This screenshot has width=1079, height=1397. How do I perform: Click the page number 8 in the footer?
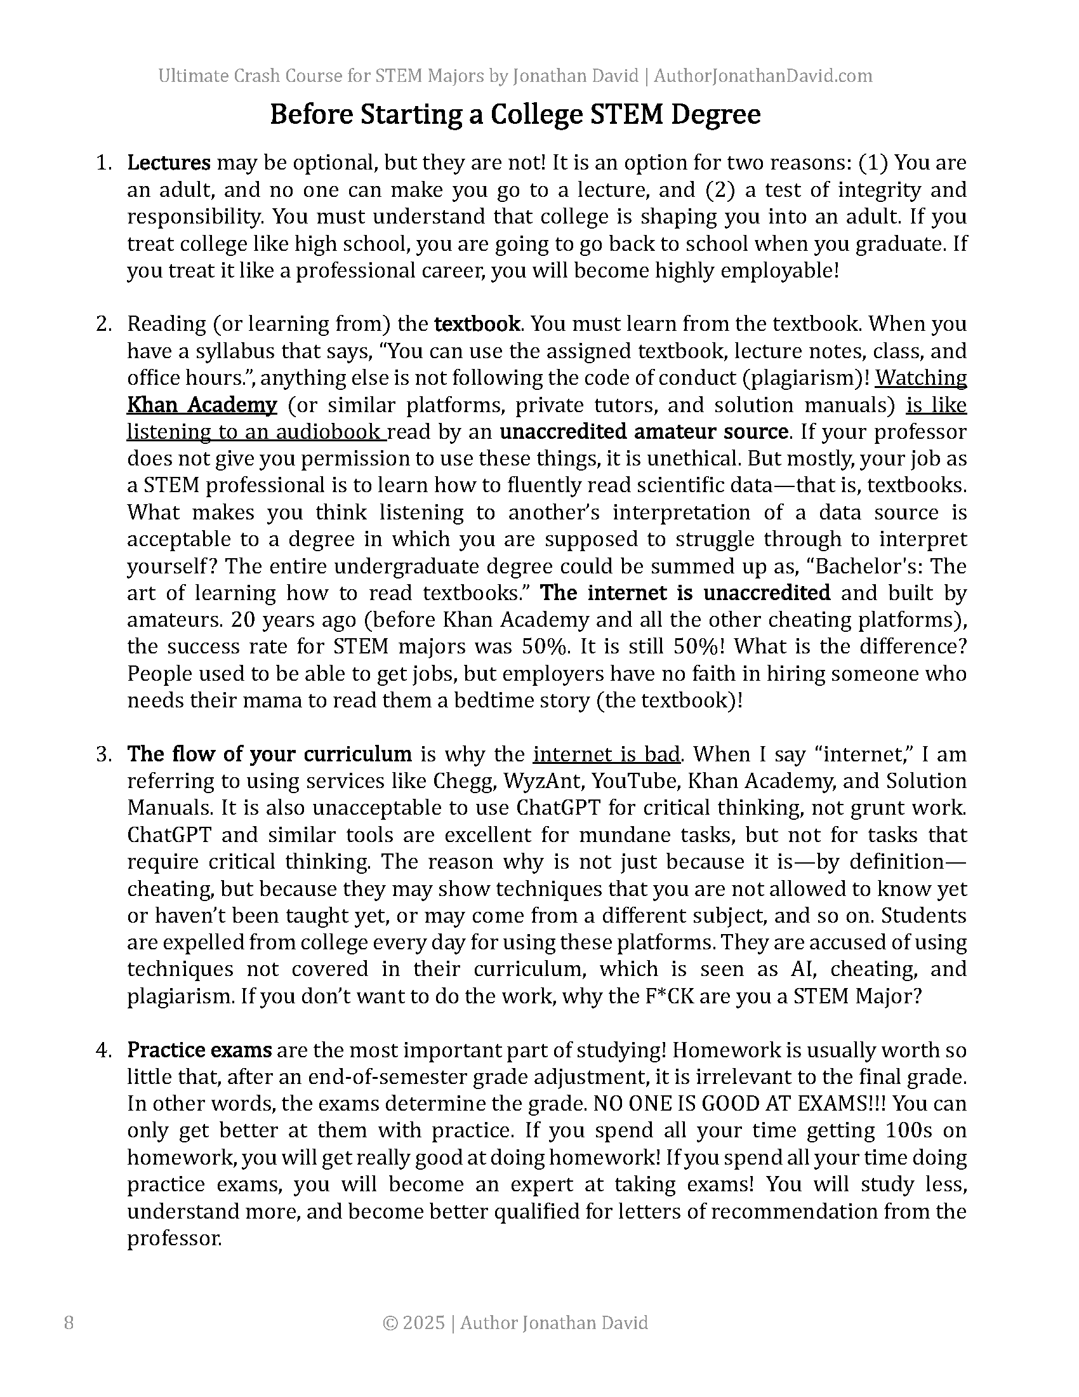pos(69,1323)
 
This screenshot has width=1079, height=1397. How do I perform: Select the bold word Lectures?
pos(169,163)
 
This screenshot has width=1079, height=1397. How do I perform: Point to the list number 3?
pos(103,754)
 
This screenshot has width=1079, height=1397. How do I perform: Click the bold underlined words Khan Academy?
pos(202,405)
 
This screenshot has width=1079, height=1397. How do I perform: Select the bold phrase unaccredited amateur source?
pos(644,432)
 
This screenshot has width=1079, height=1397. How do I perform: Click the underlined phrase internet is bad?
pos(606,754)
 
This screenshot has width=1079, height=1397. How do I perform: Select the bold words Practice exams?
pos(199,1050)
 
